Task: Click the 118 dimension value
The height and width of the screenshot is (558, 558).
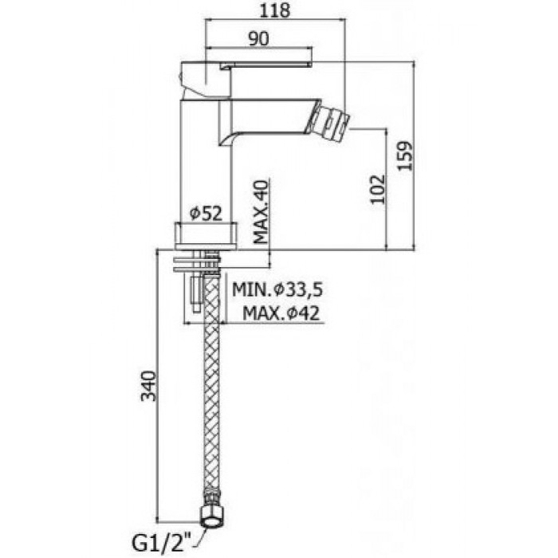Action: pos(275,10)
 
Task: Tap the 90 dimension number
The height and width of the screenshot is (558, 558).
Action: pos(259,39)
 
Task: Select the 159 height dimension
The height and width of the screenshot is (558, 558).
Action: pos(405,156)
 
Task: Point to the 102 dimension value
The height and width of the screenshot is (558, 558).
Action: pos(378,189)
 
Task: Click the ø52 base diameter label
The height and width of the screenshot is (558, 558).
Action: pos(206,214)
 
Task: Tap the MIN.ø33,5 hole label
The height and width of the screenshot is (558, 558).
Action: pos(277,289)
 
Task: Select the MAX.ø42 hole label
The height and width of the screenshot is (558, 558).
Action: pos(281,314)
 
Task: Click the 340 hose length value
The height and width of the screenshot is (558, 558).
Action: pos(148,386)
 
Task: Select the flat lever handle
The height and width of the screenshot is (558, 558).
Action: pos(266,65)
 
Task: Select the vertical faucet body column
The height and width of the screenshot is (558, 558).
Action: pos(206,161)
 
